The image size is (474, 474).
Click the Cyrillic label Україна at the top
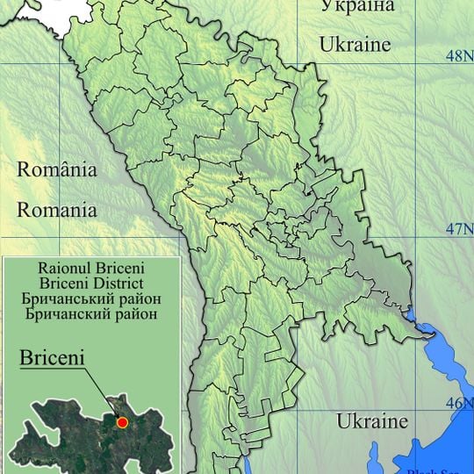tap(357, 7)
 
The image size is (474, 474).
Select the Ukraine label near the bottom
tap(372, 420)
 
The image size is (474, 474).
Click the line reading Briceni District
tap(91, 283)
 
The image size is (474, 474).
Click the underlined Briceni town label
tap(50, 358)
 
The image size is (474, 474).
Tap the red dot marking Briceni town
tap(122, 423)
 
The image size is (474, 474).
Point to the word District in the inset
tap(119, 283)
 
